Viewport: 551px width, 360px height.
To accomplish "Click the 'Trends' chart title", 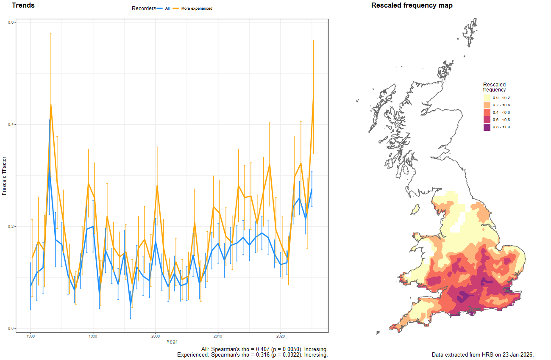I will [23, 6].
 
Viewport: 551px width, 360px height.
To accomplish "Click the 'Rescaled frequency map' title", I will [412, 6].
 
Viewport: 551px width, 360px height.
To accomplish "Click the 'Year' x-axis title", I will [172, 342].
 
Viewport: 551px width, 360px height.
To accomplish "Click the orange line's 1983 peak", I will [50, 105].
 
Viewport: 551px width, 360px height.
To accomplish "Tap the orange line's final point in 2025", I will [313, 97].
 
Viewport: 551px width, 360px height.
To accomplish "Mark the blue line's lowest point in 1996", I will [131, 305].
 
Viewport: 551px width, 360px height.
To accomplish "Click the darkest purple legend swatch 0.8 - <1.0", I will [487, 127].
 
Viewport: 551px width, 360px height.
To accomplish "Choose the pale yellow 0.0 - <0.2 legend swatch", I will [487, 98].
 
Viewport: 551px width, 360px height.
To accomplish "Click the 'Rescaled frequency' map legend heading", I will [494, 87].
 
